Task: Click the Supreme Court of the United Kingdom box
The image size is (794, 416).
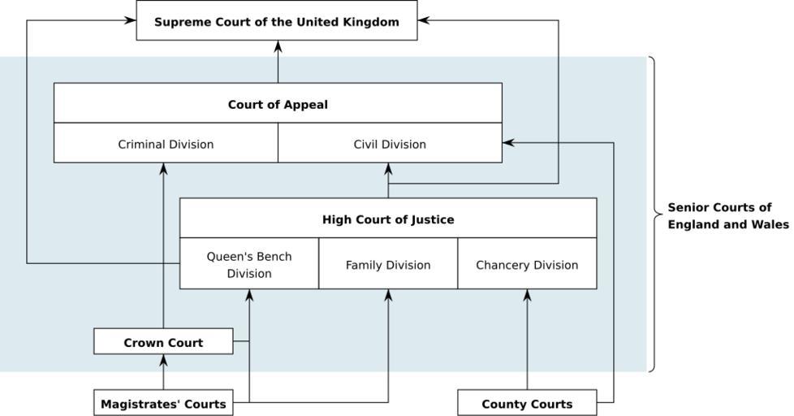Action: (x=276, y=21)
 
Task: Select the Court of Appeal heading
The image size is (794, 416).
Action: (x=278, y=104)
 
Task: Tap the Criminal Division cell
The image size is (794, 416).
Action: (x=166, y=144)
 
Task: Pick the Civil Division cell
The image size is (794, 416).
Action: (x=390, y=144)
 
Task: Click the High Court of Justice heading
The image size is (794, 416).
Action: (x=388, y=219)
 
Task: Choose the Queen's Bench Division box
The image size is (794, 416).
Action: (x=248, y=264)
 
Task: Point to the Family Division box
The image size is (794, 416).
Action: (x=388, y=265)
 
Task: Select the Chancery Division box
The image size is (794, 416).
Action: (x=527, y=265)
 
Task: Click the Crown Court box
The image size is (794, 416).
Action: (x=163, y=342)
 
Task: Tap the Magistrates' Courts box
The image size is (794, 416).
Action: (x=163, y=403)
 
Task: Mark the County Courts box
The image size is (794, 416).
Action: (x=527, y=403)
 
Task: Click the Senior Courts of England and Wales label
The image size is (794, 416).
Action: (x=727, y=215)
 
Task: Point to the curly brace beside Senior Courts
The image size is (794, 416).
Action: (x=654, y=214)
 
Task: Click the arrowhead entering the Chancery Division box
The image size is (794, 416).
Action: (x=527, y=295)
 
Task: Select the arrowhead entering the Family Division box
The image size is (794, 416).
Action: (x=388, y=295)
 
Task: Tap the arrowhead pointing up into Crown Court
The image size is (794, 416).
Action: (x=163, y=360)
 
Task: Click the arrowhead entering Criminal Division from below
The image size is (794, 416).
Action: (x=163, y=169)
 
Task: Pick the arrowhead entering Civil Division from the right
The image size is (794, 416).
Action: (x=509, y=143)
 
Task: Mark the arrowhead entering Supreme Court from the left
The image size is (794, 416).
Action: (x=130, y=20)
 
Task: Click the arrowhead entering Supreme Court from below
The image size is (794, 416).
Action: (x=278, y=46)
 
